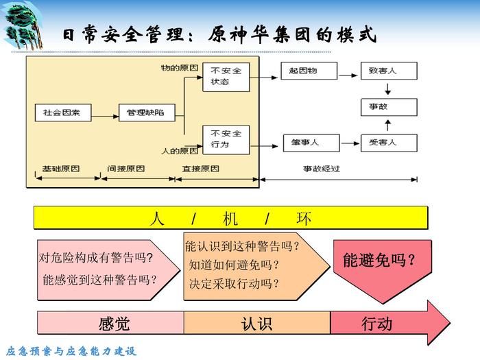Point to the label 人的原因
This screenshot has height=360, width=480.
pos(179,149)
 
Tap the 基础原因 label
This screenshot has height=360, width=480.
pos(61,168)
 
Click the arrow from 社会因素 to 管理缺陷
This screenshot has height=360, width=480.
pos(99,112)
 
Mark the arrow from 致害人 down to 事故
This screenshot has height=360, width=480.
pos(388,89)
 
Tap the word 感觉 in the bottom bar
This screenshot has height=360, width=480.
pos(114,323)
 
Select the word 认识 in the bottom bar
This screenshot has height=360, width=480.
pos(256,323)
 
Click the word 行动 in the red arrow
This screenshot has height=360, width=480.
pos(377,323)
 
